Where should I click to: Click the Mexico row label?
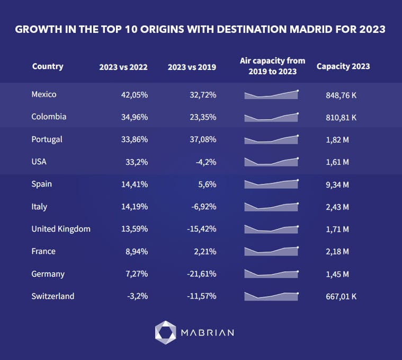pyautogui.click(x=44, y=94)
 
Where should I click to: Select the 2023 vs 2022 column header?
pyautogui.click(x=123, y=67)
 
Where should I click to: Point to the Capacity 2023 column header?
pyautogui.click(x=343, y=67)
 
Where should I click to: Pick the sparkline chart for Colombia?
pyautogui.click(x=271, y=117)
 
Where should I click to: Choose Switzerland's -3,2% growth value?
pyautogui.click(x=137, y=296)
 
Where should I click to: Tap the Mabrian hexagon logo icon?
pyautogui.click(x=165, y=332)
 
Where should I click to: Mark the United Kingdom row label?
pyautogui.click(x=61, y=229)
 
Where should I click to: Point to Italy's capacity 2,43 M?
pyautogui.click(x=337, y=207)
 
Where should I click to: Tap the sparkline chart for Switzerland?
pyautogui.click(x=271, y=296)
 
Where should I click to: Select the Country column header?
pyautogui.click(x=48, y=66)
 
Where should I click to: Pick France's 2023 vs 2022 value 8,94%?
pyautogui.click(x=136, y=251)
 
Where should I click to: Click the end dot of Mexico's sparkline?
pyautogui.click(x=298, y=91)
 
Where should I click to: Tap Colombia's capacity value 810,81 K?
pyautogui.click(x=341, y=117)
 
